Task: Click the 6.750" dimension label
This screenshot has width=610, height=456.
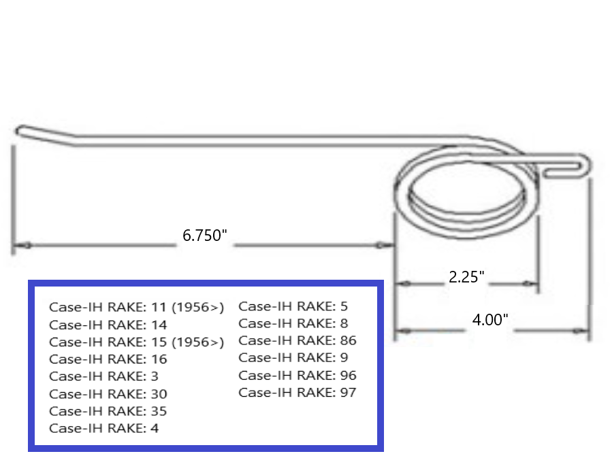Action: (x=204, y=236)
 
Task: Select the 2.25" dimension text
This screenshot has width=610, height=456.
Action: (x=466, y=277)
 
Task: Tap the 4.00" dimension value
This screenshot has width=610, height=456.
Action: (x=490, y=320)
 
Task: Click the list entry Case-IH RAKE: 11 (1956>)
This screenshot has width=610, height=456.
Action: (x=136, y=308)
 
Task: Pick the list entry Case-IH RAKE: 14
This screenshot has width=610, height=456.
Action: (x=108, y=325)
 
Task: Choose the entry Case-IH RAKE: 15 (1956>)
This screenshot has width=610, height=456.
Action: (x=136, y=342)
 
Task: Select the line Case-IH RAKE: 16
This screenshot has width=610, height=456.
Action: (x=108, y=359)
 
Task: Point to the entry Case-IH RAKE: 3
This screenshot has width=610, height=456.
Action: (x=104, y=376)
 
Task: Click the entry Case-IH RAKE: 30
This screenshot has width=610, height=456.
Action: (x=108, y=394)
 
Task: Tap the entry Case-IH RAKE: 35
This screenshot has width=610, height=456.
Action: (x=108, y=411)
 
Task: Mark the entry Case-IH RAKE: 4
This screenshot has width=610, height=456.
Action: (x=104, y=428)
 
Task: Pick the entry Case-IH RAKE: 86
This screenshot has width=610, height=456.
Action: (x=298, y=340)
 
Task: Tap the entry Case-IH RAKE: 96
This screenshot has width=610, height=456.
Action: (x=298, y=375)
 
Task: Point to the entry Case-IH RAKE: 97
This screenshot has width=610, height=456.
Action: (x=298, y=392)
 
